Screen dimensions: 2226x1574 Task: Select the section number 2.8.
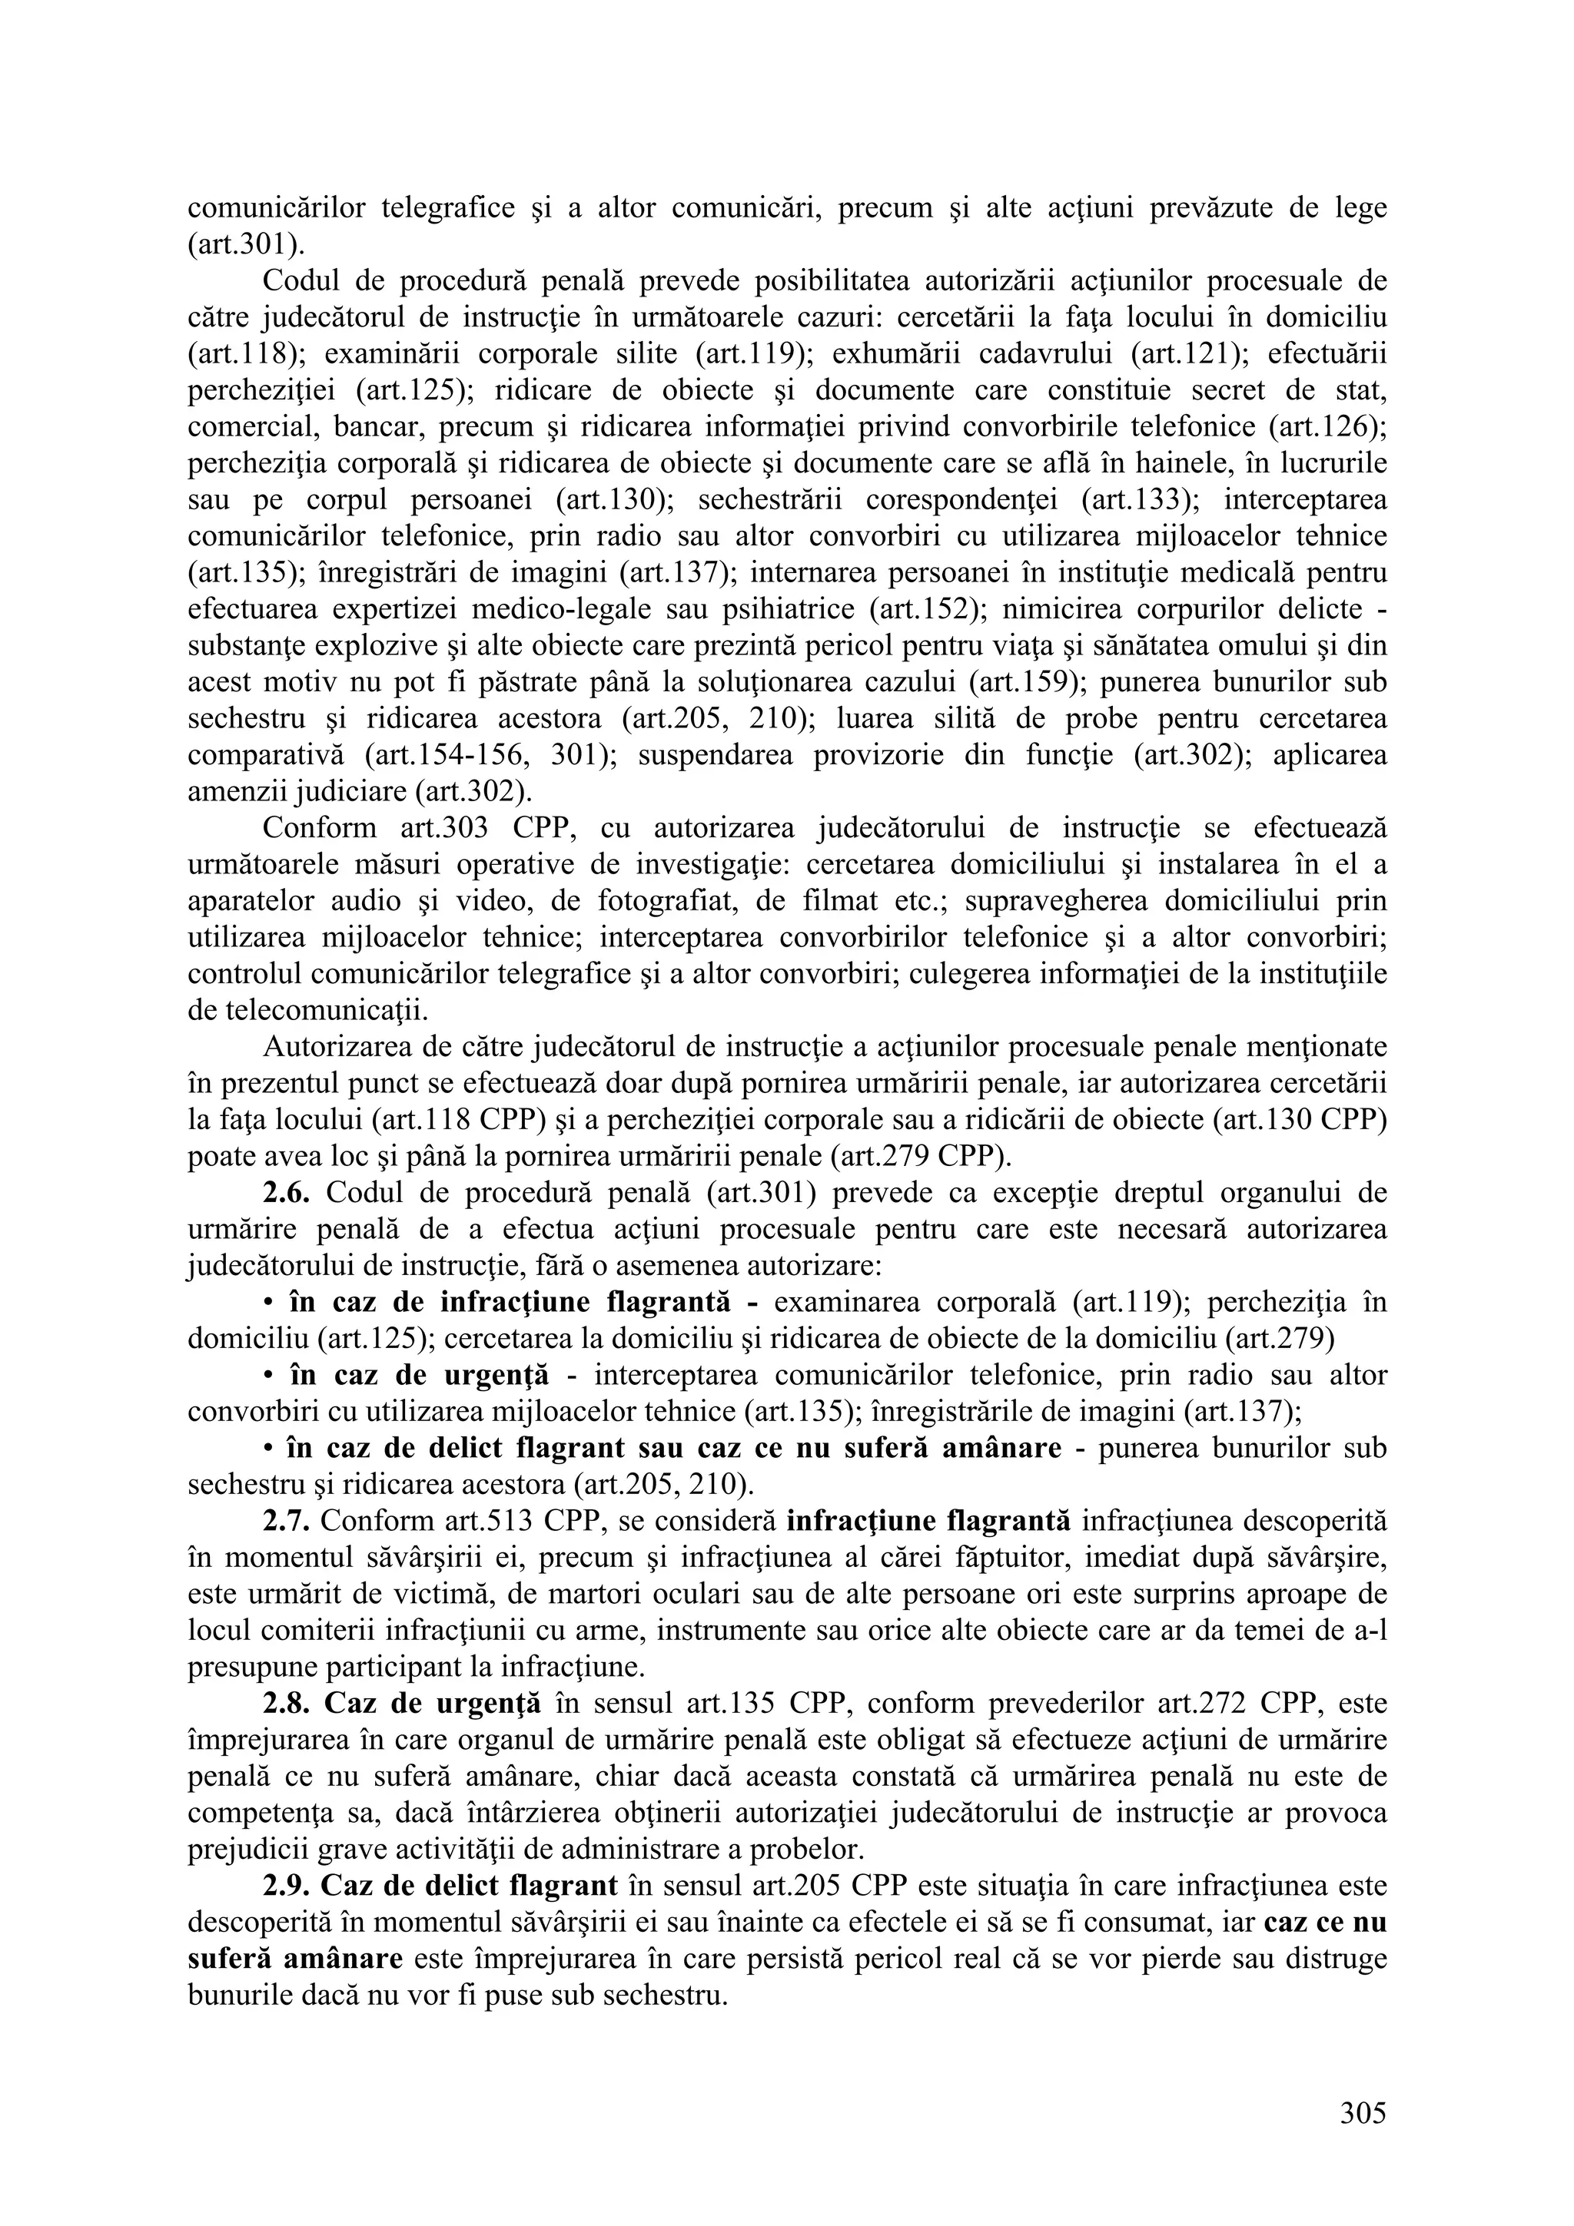(285, 1704)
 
